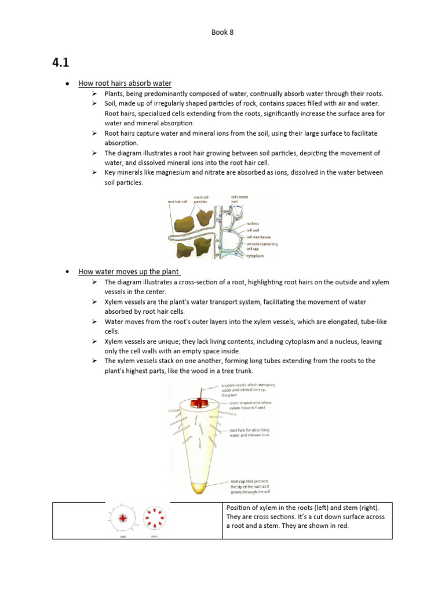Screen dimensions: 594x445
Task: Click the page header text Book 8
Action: [222, 32]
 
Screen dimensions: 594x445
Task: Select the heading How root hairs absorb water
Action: [125, 84]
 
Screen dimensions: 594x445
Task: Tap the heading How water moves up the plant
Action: [129, 271]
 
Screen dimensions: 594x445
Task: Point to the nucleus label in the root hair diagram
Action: [252, 223]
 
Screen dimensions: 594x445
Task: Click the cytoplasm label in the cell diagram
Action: [254, 255]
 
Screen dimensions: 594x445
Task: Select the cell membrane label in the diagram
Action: [257, 237]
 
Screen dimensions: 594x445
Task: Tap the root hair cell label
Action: [177, 201]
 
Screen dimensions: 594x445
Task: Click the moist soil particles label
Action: [202, 199]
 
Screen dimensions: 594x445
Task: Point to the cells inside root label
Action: [239, 199]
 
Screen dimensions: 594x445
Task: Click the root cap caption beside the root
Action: [250, 486]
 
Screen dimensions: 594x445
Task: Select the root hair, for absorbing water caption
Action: [249, 432]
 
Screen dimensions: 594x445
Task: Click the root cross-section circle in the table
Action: [123, 518]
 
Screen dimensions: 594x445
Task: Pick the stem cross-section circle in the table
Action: [154, 518]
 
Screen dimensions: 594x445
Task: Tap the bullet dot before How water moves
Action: [68, 271]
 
